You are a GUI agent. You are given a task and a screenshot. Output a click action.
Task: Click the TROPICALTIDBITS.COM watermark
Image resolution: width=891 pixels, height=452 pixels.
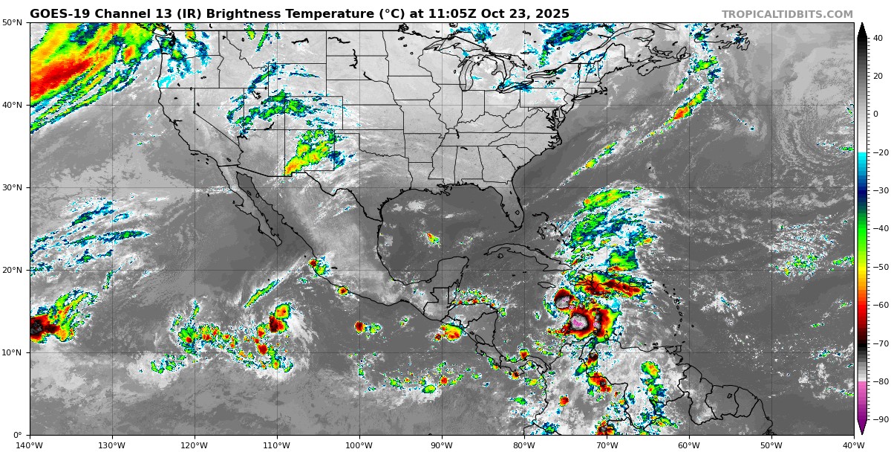(787, 15)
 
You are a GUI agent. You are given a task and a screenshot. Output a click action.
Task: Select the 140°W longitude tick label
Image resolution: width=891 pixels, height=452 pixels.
(30, 445)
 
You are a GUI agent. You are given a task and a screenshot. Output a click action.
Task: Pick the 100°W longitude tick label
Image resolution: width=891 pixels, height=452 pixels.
(359, 445)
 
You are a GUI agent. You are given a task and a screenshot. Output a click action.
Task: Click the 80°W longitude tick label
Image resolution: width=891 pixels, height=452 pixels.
(524, 445)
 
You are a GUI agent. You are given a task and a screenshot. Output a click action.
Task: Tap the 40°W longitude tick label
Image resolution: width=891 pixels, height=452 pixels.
(853, 445)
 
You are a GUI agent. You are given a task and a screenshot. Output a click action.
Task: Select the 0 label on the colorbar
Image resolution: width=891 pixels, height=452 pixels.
(875, 114)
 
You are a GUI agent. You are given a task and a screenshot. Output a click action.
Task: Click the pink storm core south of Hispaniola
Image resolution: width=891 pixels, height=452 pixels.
(581, 321)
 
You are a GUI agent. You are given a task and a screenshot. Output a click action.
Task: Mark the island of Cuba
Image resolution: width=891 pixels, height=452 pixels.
(520, 256)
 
